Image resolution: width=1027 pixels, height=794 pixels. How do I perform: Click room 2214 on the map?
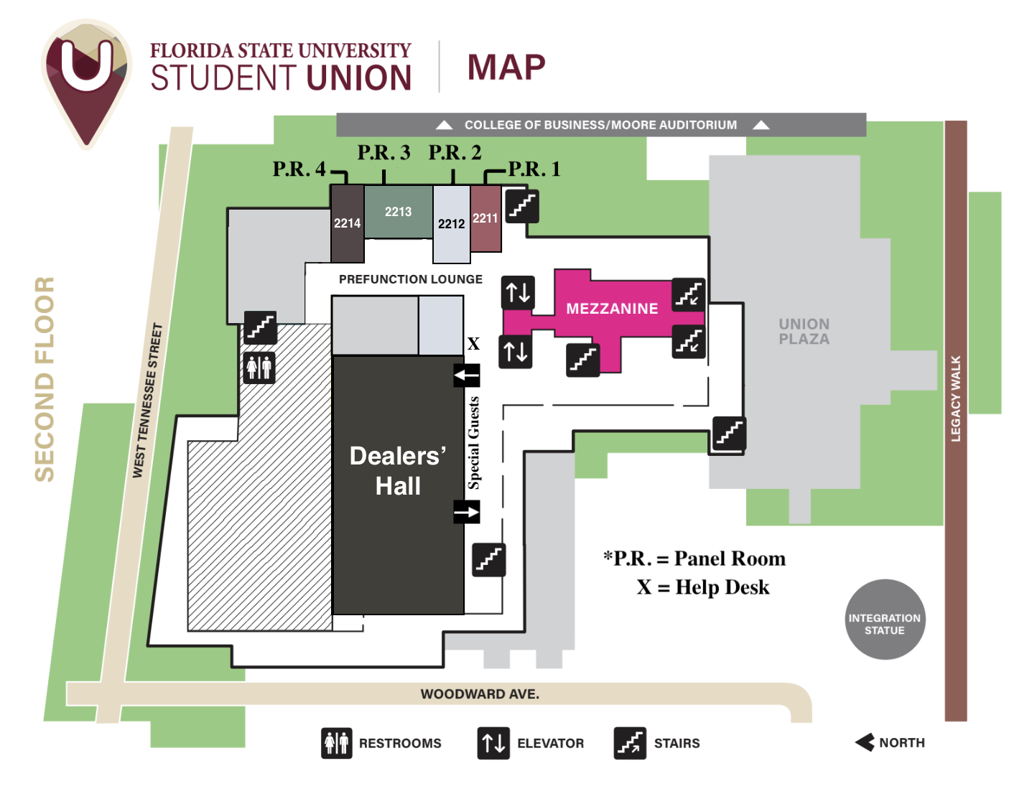(x=347, y=223)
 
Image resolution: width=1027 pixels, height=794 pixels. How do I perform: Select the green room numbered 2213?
(x=398, y=212)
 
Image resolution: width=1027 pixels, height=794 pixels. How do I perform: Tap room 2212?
(x=451, y=224)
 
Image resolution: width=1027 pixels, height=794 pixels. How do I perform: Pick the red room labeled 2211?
(x=485, y=218)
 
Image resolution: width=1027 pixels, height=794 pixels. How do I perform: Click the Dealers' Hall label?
(x=398, y=471)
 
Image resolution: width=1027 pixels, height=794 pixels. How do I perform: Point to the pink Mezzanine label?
(x=612, y=309)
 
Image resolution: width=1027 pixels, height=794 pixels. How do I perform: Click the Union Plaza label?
(x=804, y=332)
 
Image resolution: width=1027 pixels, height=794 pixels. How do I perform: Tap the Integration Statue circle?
(x=885, y=620)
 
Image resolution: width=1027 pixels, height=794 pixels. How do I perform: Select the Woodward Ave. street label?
(x=480, y=694)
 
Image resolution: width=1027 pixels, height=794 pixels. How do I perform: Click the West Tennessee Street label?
(x=147, y=401)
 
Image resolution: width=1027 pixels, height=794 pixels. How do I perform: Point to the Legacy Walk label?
(x=956, y=398)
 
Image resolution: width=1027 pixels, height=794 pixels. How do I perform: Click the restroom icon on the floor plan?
(x=259, y=368)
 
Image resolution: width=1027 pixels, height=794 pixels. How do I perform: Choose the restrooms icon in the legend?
(x=336, y=743)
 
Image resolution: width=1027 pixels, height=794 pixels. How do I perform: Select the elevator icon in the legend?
(x=494, y=743)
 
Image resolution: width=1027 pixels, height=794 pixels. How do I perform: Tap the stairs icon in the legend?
(x=630, y=743)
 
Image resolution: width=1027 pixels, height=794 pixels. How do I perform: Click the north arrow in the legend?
(x=865, y=742)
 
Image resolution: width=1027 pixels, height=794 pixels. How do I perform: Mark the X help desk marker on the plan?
(x=473, y=344)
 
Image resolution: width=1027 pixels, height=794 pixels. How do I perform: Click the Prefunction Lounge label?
(x=411, y=279)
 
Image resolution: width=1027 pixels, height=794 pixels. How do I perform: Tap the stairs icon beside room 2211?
(x=522, y=206)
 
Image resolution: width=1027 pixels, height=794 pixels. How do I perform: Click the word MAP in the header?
(x=506, y=67)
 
